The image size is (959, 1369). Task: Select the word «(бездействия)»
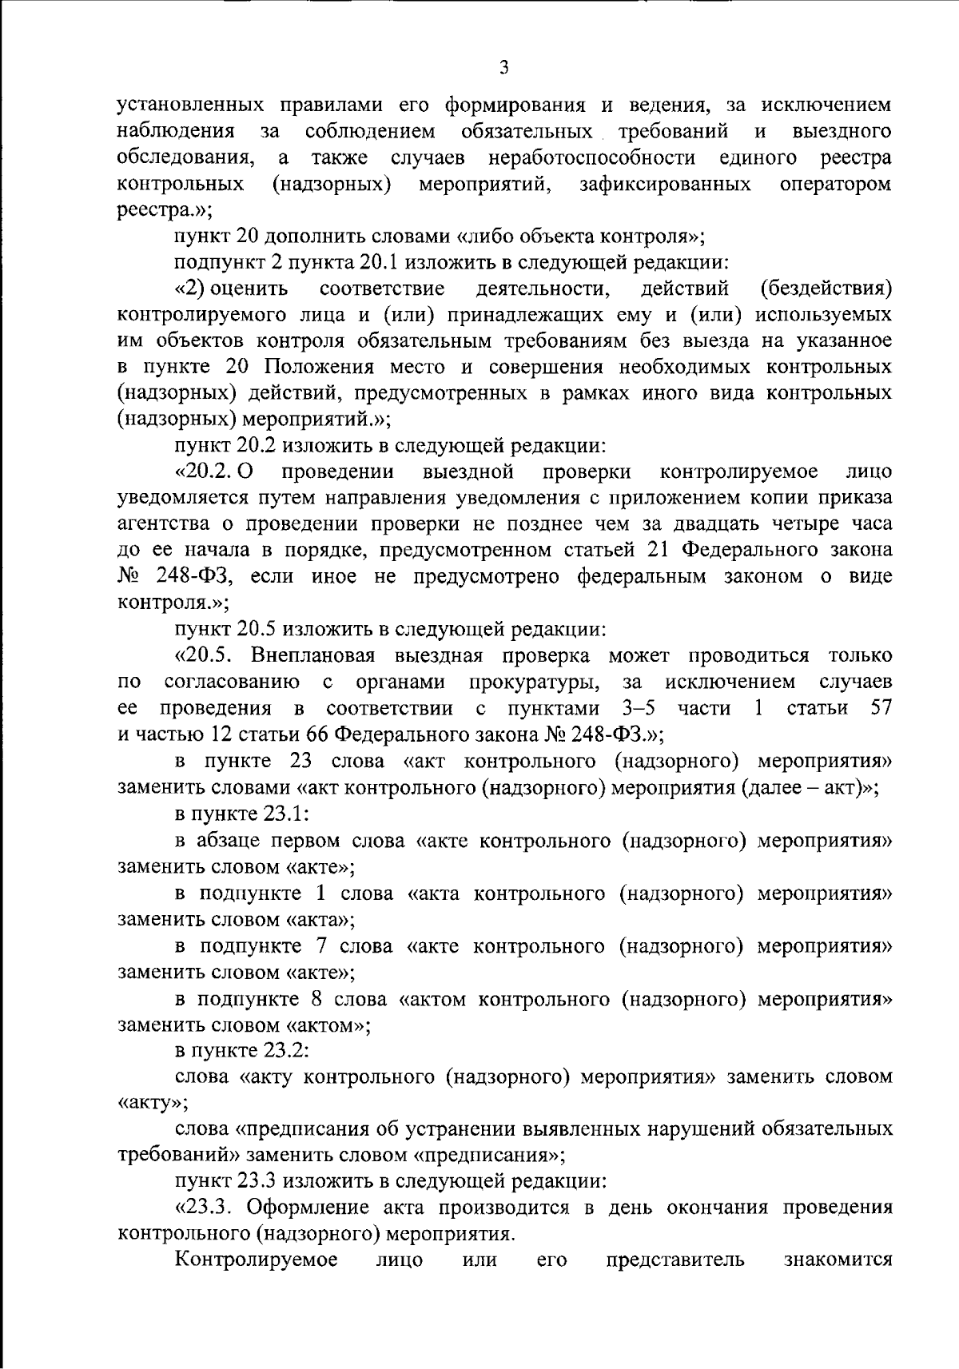tap(826, 288)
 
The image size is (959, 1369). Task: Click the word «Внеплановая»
tap(314, 655)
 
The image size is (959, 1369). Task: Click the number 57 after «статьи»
tap(880, 708)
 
